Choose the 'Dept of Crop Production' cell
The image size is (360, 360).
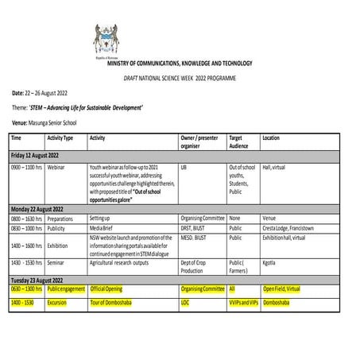pos(194,268)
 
